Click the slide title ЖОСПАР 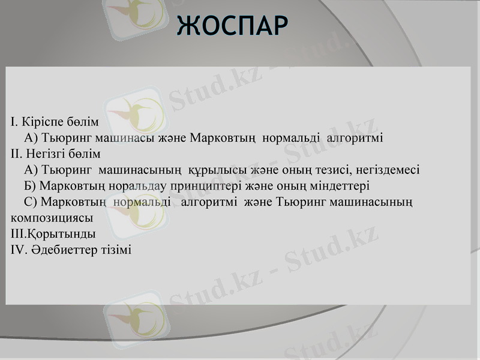point(232,25)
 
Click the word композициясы point(52,217)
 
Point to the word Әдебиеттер point(65,248)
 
